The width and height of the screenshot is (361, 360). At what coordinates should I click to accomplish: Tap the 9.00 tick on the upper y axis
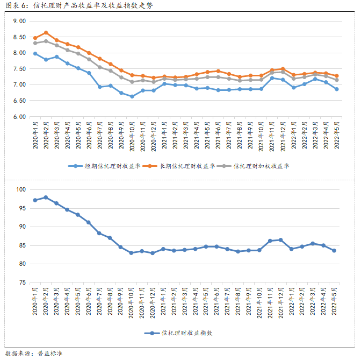point(19,21)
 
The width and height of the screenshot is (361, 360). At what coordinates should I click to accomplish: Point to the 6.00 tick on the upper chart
point(19,117)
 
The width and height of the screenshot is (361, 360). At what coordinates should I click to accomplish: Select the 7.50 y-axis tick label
point(19,69)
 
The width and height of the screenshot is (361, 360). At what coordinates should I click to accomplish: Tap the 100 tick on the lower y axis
point(21,189)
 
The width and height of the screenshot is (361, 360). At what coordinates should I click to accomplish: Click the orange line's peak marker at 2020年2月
point(46,33)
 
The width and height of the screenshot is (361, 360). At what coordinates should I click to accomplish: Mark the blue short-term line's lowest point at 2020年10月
point(132,97)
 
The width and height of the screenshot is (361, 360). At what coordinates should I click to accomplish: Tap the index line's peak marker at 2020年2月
point(46,197)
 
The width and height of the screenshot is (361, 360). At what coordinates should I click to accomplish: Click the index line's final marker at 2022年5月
point(335,250)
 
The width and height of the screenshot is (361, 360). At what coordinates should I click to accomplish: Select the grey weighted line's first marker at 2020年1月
point(35,43)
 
